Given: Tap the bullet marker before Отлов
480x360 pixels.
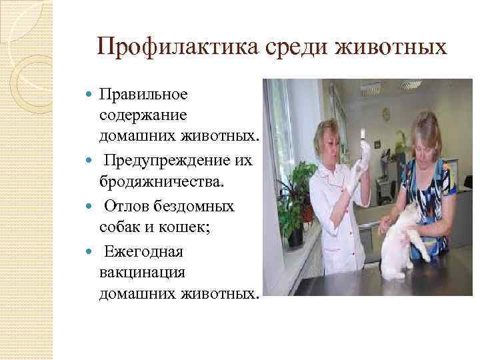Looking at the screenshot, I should (90, 207).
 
